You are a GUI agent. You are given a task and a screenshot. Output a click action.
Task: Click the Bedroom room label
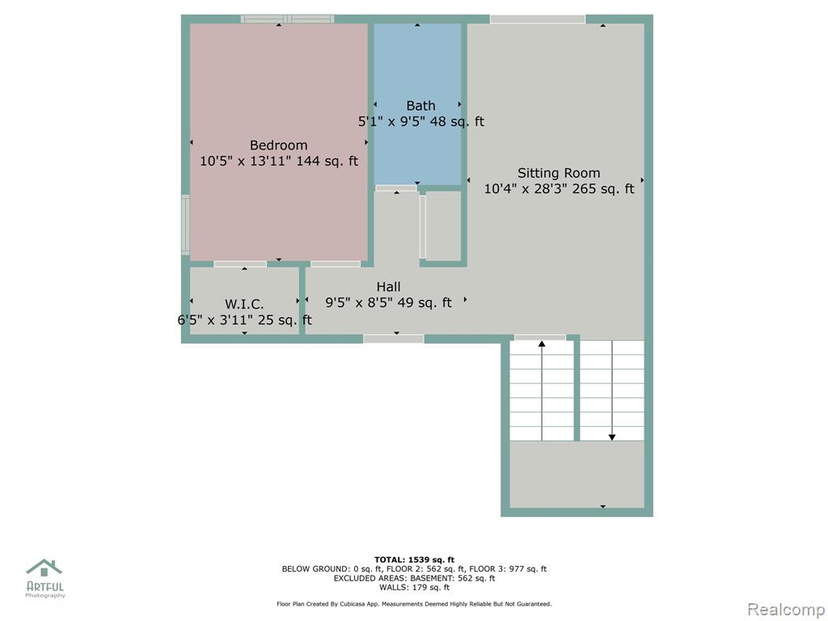coord(278,146)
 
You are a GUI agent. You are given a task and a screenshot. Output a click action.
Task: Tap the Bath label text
coord(420,106)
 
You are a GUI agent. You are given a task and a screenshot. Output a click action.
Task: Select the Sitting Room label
coord(559,173)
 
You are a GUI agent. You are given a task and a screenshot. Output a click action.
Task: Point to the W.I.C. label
coord(244,304)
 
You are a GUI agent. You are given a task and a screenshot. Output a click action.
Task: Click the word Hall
coord(388,287)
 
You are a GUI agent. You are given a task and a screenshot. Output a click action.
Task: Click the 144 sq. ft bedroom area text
coord(327,161)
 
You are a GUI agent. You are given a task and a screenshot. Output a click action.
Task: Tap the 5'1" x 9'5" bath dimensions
coord(392,121)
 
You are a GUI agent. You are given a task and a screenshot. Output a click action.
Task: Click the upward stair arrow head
coord(541,344)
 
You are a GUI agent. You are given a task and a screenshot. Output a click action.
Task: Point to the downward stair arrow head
coord(612,437)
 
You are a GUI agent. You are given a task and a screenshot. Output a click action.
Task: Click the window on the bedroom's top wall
coord(287,19)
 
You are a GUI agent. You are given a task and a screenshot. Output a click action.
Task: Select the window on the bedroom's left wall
coord(185,225)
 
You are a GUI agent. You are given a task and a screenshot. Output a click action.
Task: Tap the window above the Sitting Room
coord(538,19)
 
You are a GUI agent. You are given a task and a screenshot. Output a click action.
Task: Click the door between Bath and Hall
coord(396,188)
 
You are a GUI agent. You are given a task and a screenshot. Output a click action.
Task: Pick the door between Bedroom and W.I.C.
coord(240,264)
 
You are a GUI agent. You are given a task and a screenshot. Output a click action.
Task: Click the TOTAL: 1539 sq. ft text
coord(415,560)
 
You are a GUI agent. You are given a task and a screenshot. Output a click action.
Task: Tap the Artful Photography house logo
coord(44,568)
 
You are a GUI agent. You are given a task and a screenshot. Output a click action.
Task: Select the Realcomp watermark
coord(785,609)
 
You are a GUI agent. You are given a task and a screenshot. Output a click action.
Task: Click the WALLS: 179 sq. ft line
coord(415,587)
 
